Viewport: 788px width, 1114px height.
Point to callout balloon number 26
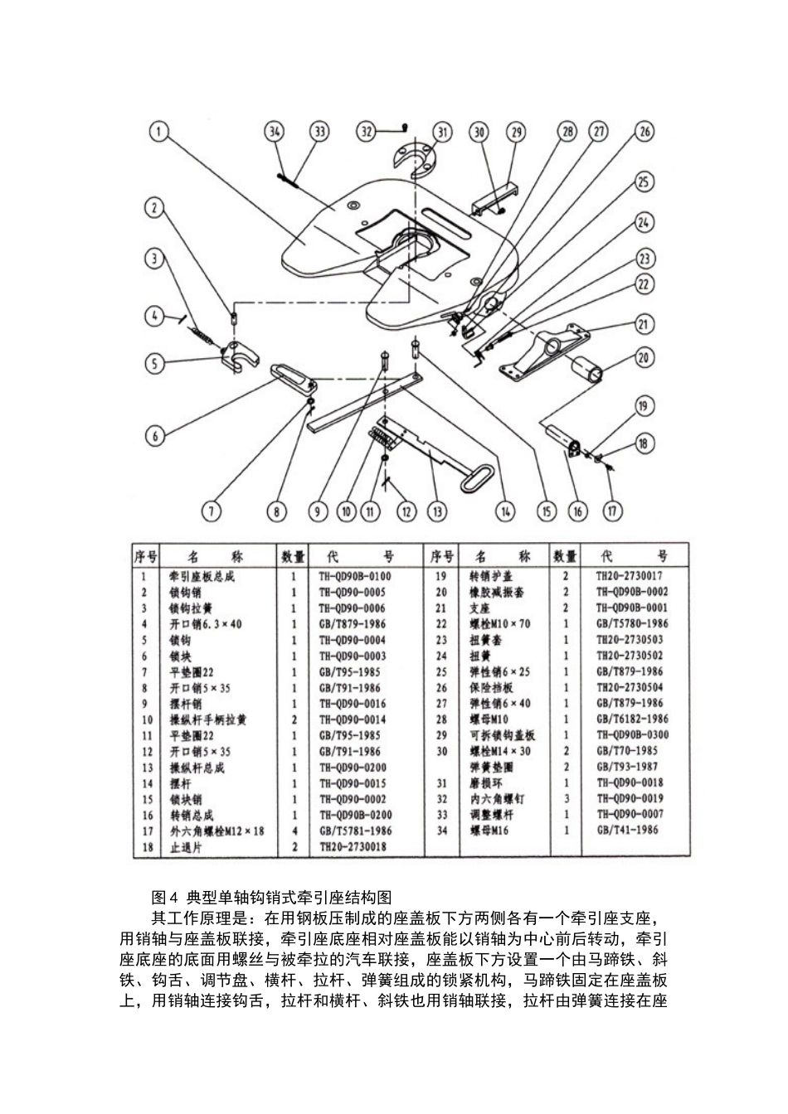(x=644, y=131)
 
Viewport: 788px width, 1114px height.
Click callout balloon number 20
(x=644, y=357)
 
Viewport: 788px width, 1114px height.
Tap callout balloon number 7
(x=212, y=511)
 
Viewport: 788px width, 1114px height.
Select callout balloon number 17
(x=611, y=511)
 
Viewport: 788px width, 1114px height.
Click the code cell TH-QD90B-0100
(x=354, y=576)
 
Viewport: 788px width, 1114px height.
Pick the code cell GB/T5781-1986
(x=355, y=831)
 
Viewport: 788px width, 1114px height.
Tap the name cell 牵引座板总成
(x=202, y=576)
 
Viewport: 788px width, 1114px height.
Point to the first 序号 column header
(x=146, y=555)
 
